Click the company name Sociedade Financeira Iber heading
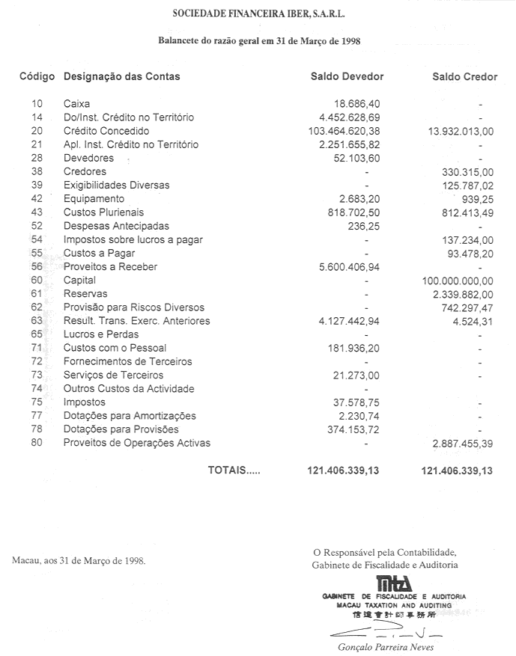tap(259, 13)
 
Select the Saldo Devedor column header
tap(347, 76)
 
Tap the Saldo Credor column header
tap(464, 76)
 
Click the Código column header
tap(37, 76)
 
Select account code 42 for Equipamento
tap(37, 199)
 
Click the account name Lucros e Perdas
tap(101, 334)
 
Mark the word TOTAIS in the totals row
tap(234, 470)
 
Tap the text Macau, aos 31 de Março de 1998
tap(79, 560)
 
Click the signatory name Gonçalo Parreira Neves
tap(382, 648)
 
